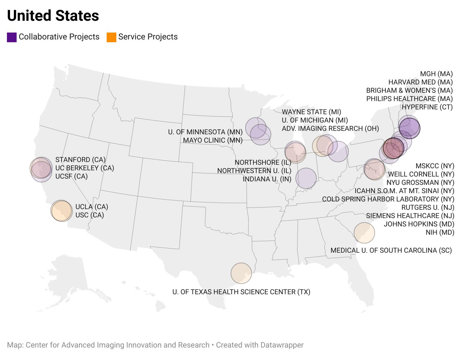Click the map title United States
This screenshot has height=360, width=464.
click(53, 16)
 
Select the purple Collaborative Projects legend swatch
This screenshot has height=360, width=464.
click(12, 37)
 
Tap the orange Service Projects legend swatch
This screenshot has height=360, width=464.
click(111, 37)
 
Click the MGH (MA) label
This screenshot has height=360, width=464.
click(436, 74)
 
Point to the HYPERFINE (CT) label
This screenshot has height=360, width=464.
click(427, 107)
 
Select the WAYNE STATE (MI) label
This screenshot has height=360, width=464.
click(311, 112)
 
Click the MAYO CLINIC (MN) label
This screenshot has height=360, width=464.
click(213, 140)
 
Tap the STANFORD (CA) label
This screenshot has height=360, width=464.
click(80, 160)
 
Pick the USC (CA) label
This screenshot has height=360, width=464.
click(90, 215)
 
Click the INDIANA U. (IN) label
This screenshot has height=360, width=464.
click(267, 179)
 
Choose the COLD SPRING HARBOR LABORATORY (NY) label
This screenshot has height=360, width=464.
click(388, 199)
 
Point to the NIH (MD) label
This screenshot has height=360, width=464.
click(440, 232)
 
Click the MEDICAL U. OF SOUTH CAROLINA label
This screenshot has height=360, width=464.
click(391, 250)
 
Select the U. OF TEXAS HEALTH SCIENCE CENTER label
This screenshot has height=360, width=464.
click(241, 292)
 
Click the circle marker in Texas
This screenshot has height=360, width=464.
click(241, 273)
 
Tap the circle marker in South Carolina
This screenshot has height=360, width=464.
click(364, 233)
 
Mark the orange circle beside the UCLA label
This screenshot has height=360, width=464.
click(61, 210)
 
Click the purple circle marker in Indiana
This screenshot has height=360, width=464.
click(306, 178)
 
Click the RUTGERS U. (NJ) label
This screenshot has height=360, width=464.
click(428, 207)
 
